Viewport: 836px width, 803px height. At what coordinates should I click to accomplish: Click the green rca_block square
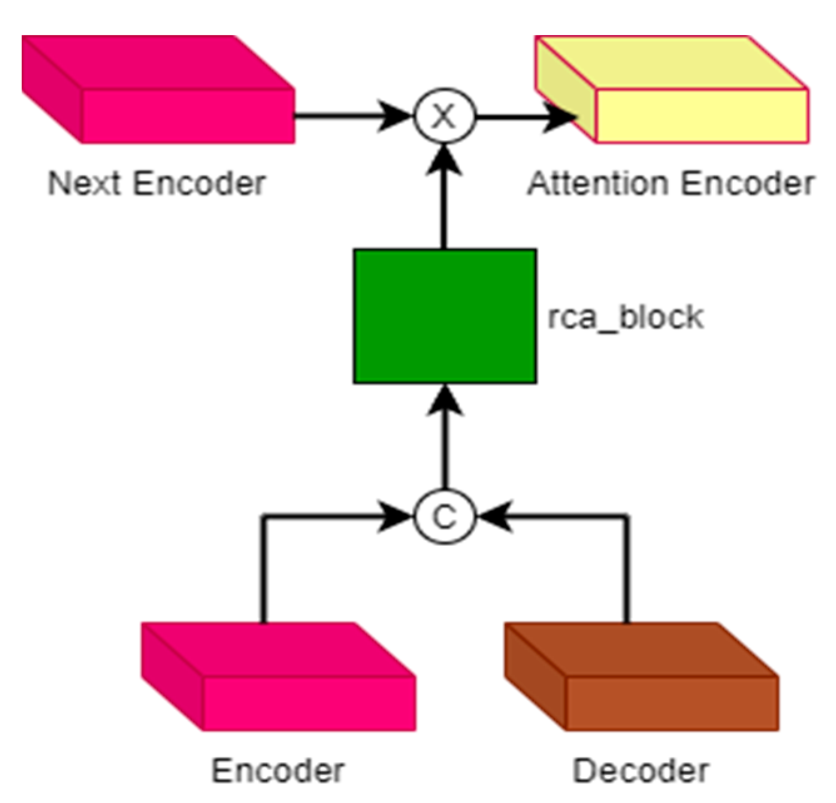coord(444,316)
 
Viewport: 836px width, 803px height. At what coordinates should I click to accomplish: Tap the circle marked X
coord(444,116)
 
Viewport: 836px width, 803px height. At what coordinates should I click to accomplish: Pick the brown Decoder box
coord(641,679)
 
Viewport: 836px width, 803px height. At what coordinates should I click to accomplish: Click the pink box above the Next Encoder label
coord(158,91)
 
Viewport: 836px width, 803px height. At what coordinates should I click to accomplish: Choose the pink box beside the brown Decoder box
coord(278,679)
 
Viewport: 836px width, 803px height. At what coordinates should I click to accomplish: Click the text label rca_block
coord(625,317)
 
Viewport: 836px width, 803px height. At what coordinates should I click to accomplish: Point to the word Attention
coord(598,184)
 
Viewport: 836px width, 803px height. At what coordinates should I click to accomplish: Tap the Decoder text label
coord(641,770)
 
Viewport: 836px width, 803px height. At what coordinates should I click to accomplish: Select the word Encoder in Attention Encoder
coord(747,184)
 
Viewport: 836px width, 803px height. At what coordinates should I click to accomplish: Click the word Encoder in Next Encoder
coord(200,184)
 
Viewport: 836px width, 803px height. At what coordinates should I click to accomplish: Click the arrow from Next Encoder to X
coord(350,116)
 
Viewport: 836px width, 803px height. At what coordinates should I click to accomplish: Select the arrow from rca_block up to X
coord(444,200)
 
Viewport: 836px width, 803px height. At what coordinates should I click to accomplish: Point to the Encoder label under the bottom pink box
coord(278,770)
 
